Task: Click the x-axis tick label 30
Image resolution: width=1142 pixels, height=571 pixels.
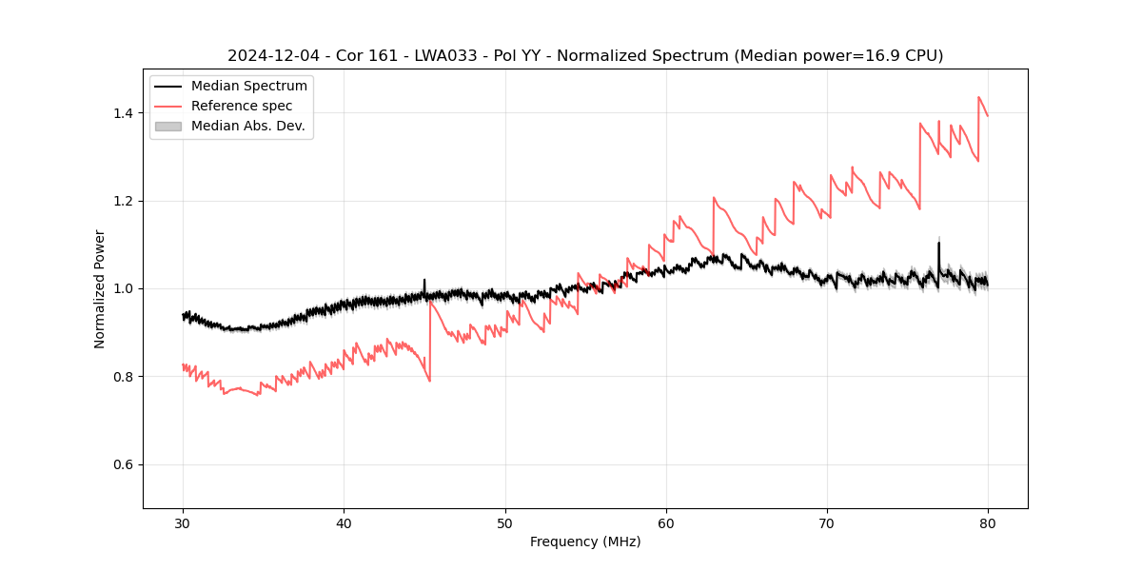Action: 184,522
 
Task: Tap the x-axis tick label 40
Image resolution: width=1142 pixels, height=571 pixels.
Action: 345,522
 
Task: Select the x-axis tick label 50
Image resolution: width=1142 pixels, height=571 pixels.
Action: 505,522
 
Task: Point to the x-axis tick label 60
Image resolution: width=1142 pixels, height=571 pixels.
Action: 666,522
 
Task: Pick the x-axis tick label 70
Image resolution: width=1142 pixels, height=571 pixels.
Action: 827,522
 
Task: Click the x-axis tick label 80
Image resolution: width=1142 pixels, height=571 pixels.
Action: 988,522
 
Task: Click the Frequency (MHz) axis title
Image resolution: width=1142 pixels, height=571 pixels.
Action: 585,541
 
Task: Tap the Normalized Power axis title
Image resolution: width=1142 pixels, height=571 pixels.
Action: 100,288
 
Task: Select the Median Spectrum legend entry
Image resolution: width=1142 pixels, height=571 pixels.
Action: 248,87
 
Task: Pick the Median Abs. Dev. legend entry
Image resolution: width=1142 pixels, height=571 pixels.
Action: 247,126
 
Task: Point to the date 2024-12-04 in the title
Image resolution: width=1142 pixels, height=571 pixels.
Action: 267,56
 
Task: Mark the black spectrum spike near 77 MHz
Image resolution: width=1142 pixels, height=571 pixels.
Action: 938,244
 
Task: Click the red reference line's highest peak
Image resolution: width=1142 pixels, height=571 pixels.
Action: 978,97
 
